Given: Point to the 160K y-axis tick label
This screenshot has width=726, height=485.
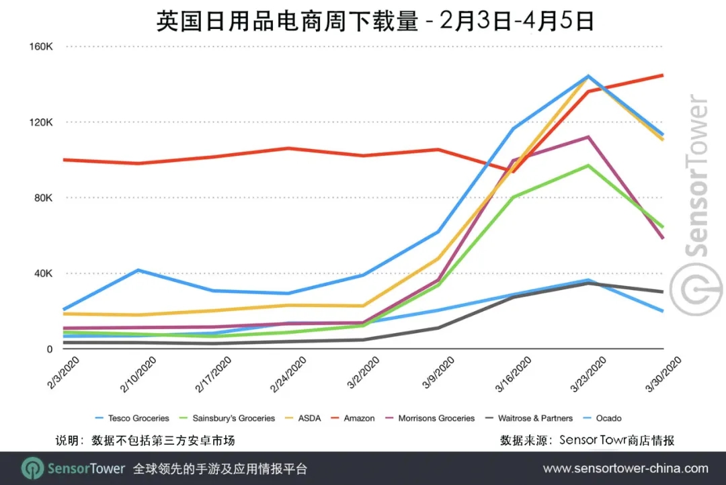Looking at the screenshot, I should tap(40, 46).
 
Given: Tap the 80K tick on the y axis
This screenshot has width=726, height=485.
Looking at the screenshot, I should tap(43, 198).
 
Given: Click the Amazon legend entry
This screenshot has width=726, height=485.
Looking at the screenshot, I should tap(359, 418).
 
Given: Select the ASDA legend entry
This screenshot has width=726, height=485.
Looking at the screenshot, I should tap(309, 418).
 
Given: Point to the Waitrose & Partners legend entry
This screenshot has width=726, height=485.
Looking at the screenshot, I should tap(534, 418).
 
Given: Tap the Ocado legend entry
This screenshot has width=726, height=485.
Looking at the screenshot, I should tap(608, 418).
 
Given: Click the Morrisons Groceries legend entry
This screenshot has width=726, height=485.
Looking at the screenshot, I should tap(437, 418).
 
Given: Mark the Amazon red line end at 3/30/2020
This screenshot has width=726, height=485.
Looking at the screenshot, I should tap(663, 75).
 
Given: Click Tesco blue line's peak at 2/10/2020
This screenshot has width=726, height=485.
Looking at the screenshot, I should tap(138, 270).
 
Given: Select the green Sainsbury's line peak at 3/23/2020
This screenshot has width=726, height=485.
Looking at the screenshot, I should tap(588, 165).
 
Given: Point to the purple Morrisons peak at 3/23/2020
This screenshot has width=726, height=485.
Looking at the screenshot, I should tap(588, 137).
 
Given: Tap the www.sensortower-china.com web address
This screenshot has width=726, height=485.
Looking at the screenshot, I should tap(625, 468).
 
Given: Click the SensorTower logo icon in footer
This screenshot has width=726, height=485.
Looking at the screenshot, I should tap(32, 468).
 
